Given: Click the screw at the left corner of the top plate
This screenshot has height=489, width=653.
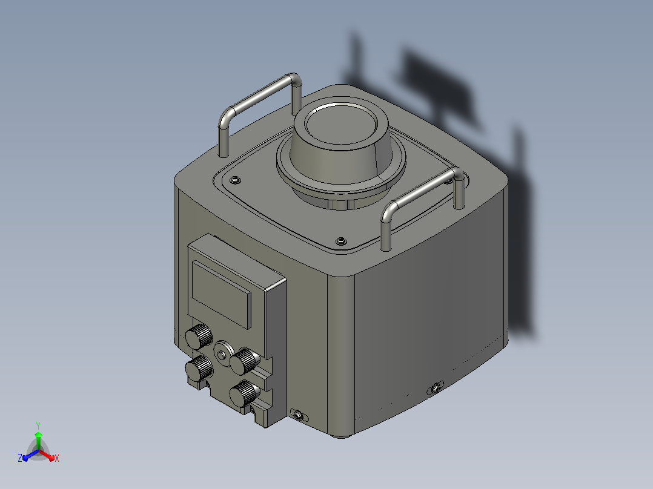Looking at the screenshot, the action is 235,180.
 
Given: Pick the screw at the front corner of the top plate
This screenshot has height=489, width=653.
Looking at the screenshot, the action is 341,241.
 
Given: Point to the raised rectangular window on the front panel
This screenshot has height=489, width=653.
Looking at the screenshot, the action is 221,294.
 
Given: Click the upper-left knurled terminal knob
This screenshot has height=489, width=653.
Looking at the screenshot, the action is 199,336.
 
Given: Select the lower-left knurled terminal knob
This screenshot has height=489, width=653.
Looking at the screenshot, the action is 199,367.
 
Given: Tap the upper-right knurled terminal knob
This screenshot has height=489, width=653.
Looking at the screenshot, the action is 245,361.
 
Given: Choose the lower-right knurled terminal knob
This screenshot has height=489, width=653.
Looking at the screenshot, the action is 245,393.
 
